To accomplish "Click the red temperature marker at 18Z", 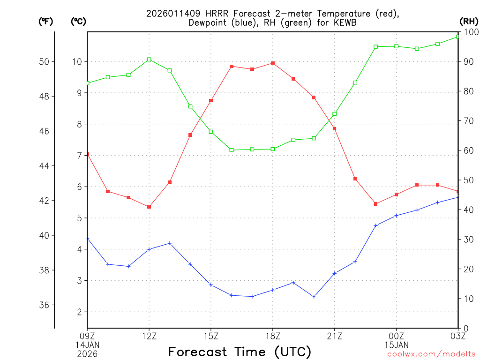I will pyautogui.click(x=273, y=63).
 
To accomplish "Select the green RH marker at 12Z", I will pyautogui.click(x=149, y=60).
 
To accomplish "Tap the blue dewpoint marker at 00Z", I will pyautogui.click(x=397, y=216).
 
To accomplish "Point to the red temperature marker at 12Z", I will pyautogui.click(x=149, y=207).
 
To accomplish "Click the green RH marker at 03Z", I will pyautogui.click(x=457, y=37).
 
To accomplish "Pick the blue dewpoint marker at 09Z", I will pyautogui.click(x=88, y=239).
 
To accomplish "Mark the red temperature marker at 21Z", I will pyautogui.click(x=335, y=128).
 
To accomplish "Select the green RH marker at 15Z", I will pyautogui.click(x=211, y=132).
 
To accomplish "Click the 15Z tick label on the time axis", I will pyautogui.click(x=211, y=336).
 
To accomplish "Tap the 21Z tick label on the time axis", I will pyautogui.click(x=335, y=336).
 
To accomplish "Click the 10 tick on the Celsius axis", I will pyautogui.click(x=77, y=61).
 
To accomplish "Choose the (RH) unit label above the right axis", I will pyautogui.click(x=469, y=21).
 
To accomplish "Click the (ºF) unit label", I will pyautogui.click(x=45, y=21).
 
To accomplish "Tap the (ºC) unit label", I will pyautogui.click(x=78, y=21).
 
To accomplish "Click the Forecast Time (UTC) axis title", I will pyautogui.click(x=240, y=352).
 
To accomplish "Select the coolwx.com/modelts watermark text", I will pyautogui.click(x=431, y=354).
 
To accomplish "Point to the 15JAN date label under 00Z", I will pyautogui.click(x=396, y=345).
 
